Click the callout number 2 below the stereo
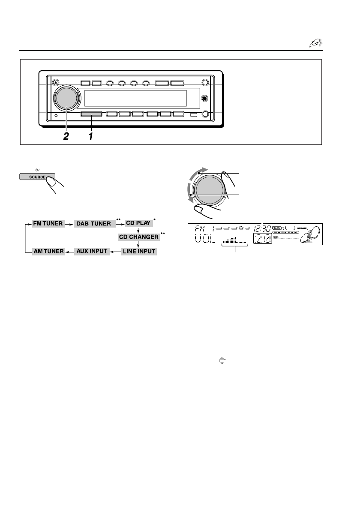[66, 136]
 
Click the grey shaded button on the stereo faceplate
[91, 114]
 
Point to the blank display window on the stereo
[135, 99]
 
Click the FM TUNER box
[48, 224]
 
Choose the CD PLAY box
[137, 223]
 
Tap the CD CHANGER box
[138, 237]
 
